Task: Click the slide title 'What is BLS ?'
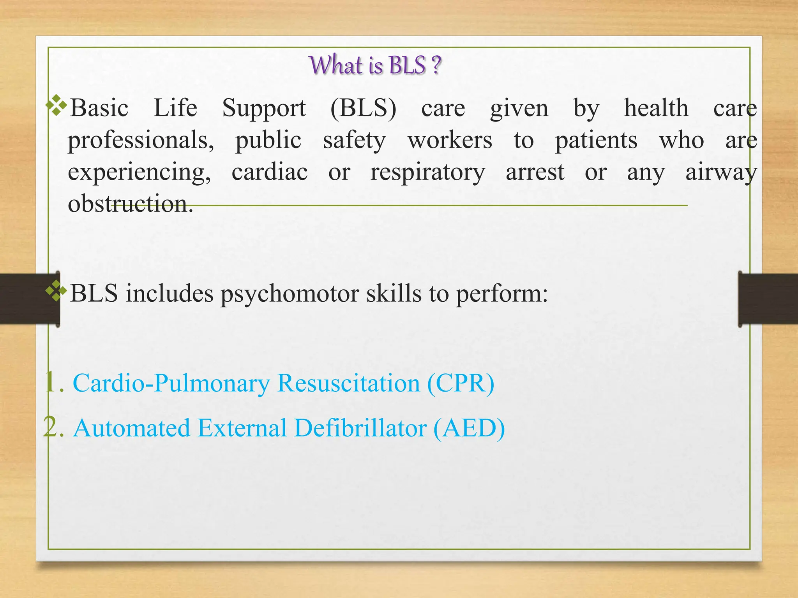pyautogui.click(x=375, y=65)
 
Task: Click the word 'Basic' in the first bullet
pyautogui.click(x=99, y=108)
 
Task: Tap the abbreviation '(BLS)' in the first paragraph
pyautogui.click(x=363, y=108)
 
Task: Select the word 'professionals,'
pyautogui.click(x=141, y=140)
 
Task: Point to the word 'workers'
pyautogui.click(x=450, y=140)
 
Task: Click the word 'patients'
pyautogui.click(x=596, y=140)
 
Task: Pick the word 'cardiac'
pyautogui.click(x=270, y=172)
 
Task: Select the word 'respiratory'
pyautogui.click(x=427, y=172)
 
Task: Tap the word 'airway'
pyautogui.click(x=721, y=172)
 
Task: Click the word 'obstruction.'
pyautogui.click(x=130, y=204)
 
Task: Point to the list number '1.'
pyautogui.click(x=54, y=382)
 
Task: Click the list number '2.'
pyautogui.click(x=54, y=427)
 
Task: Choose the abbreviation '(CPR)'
pyautogui.click(x=461, y=383)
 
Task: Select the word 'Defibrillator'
pyautogui.click(x=360, y=428)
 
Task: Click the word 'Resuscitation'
pyautogui.click(x=348, y=383)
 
